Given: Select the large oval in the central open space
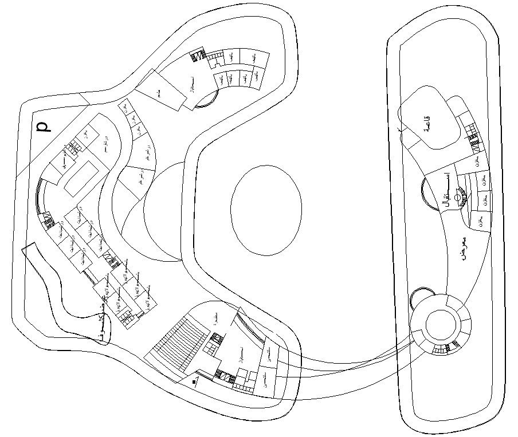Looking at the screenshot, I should click(266, 209).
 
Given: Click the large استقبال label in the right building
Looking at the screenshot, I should click(446, 192).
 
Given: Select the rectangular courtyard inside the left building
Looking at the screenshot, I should click(81, 175).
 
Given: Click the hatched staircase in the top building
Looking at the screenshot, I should click(198, 56).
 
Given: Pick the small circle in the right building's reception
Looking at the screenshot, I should click(458, 198).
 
